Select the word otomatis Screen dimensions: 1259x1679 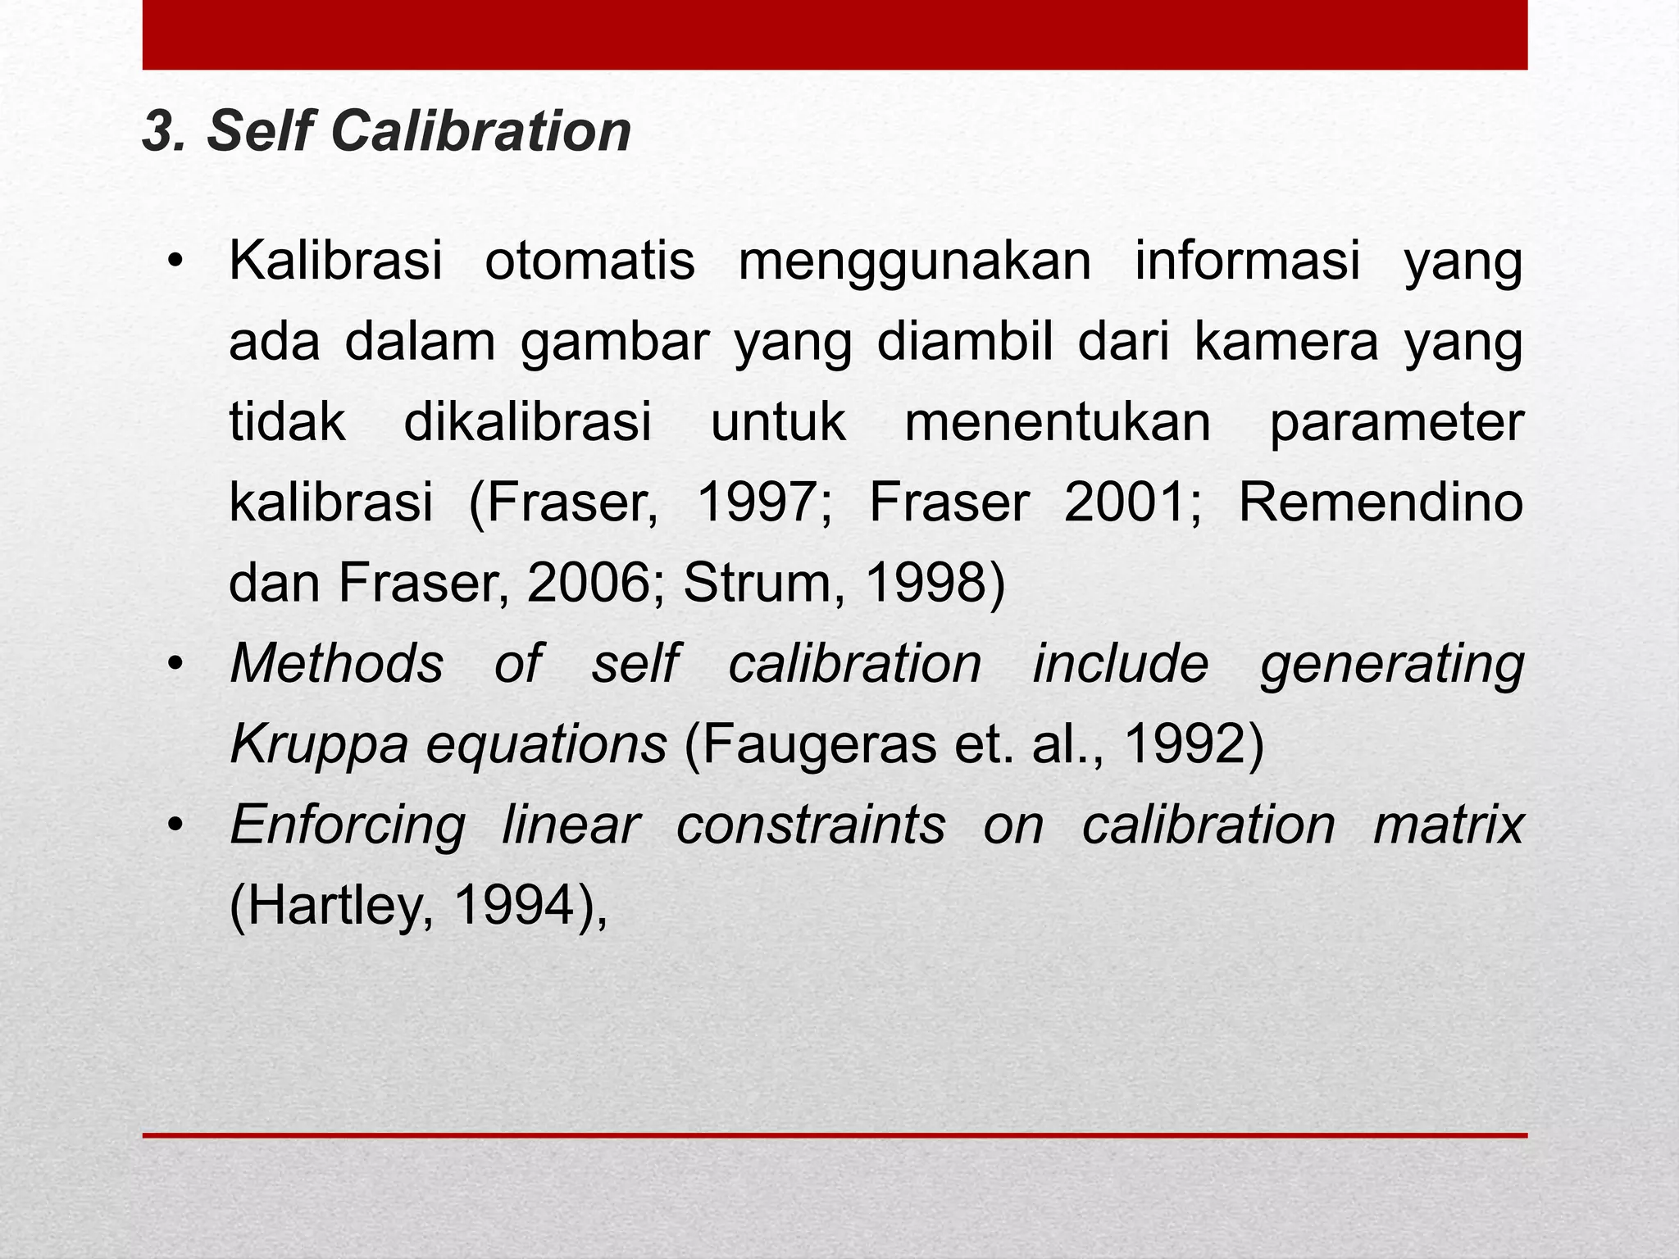pos(589,261)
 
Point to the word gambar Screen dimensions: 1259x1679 pos(615,343)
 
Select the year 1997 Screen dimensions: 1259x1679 pos(762,502)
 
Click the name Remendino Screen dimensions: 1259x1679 pos(1380,502)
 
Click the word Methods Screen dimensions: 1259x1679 pos(337,663)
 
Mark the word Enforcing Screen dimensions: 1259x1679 pos(348,825)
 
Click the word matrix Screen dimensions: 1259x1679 pos(1448,825)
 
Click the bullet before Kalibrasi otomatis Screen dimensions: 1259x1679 pos(175,263)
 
